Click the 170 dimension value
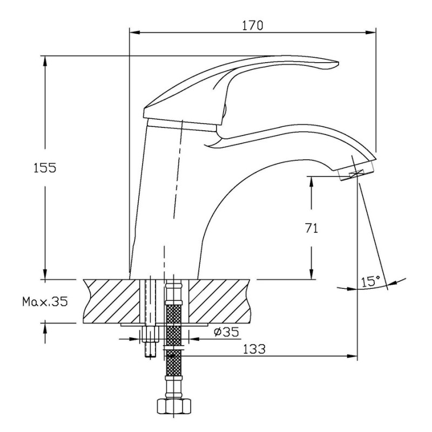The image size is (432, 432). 253,25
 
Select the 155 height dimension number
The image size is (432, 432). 45,167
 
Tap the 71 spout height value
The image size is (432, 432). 312,228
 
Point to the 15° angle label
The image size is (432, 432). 370,281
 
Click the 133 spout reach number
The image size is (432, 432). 254,349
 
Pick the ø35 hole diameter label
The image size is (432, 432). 226,332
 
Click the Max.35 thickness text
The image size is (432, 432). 45,302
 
